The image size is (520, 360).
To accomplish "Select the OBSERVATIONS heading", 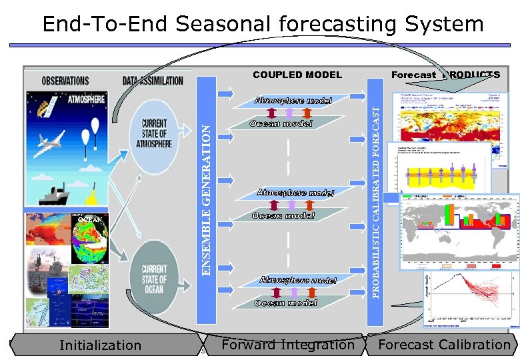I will coord(65,81).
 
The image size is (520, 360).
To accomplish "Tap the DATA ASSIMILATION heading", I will coord(153,81).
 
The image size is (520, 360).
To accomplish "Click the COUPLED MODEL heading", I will coord(297,75).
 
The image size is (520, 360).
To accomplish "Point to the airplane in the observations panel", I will coord(50,141).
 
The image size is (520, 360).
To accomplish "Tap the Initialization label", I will coord(100,345).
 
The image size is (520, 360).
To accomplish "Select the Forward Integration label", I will coord(288,345).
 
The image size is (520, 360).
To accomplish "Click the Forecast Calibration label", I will coord(443,345).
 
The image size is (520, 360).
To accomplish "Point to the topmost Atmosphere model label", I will coord(293,101).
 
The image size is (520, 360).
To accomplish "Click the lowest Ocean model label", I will coord(285,303).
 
